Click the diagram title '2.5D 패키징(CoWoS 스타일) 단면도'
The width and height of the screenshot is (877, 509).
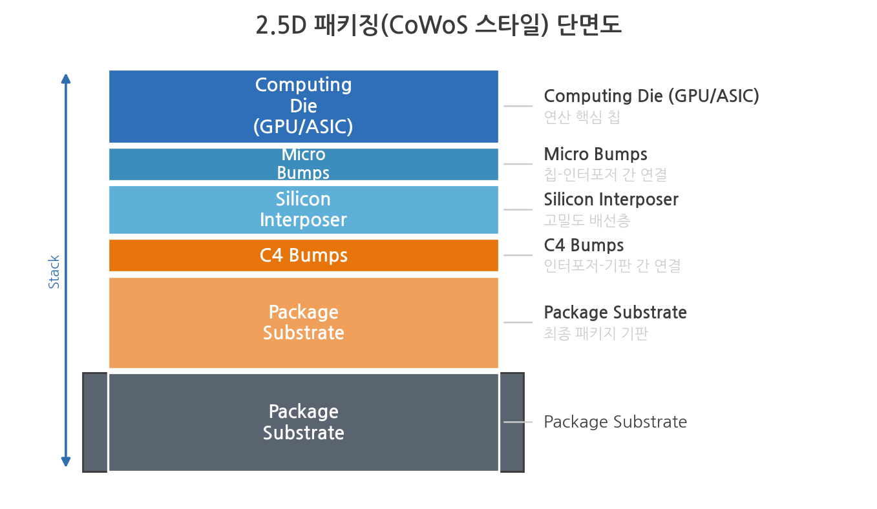pos(438,25)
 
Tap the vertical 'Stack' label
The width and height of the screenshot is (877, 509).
pos(54,272)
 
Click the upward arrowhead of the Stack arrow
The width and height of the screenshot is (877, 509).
pos(66,79)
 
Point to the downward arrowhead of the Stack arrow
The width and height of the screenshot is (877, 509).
pos(66,462)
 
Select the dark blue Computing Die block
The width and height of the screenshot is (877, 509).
pos(303,107)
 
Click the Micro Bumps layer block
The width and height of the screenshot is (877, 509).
pos(303,164)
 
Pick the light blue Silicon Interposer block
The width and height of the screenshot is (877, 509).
pos(303,210)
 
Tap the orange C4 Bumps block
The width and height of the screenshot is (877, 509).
pos(303,256)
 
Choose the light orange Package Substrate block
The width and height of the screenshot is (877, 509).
pos(303,323)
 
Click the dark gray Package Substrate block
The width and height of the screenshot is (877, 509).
pos(303,422)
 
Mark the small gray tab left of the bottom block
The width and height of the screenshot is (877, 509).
pos(95,422)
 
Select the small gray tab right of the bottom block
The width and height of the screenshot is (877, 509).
pos(512,422)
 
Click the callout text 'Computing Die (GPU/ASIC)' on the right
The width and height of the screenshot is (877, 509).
pos(651,96)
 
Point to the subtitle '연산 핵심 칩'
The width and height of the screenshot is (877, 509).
pos(582,117)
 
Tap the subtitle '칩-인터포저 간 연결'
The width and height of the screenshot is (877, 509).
pos(606,174)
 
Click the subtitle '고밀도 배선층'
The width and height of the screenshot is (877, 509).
pos(587,220)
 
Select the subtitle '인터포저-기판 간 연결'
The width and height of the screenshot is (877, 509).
pos(612,266)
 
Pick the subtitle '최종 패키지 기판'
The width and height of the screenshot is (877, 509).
pos(596,334)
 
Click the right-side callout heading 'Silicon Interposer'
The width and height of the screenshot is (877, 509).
pos(611,200)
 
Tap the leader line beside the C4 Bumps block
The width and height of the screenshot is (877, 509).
pos(518,255)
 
